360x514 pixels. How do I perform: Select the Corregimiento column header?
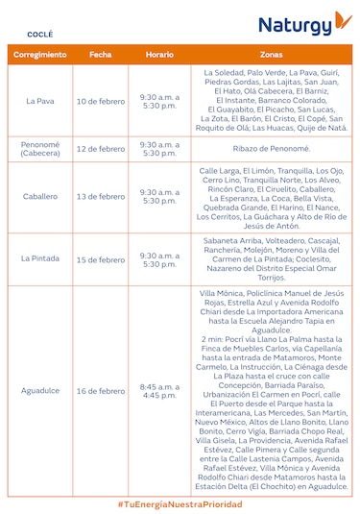40,55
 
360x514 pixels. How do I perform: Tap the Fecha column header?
101,55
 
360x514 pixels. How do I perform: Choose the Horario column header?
159,55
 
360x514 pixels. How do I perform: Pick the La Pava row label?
40,100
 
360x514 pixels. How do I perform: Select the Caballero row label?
40,196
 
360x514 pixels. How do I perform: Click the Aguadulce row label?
40,390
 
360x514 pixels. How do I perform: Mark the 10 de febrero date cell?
101,100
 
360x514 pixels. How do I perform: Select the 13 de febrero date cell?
101,196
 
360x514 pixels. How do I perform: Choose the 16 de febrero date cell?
101,390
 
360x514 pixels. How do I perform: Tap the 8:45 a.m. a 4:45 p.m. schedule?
159,390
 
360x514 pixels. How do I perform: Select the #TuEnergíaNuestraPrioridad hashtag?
180,503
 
